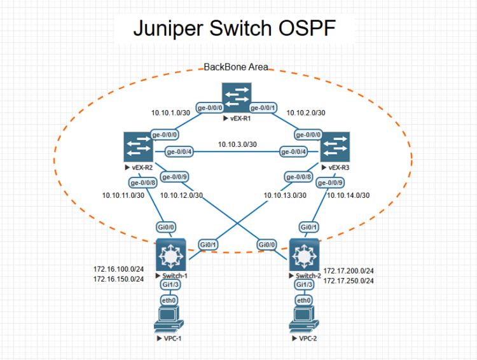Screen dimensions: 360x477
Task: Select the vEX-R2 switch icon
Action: (x=138, y=147)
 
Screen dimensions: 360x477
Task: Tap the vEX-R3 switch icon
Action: (x=335, y=147)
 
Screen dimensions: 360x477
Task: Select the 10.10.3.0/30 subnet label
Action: (x=237, y=144)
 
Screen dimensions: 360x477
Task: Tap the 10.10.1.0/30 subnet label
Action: (x=170, y=113)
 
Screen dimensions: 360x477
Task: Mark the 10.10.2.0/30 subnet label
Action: (x=306, y=113)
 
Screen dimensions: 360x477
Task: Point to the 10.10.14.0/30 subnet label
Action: (x=349, y=195)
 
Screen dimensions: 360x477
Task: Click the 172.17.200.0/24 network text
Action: (x=349, y=270)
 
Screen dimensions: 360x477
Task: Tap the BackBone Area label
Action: (x=235, y=67)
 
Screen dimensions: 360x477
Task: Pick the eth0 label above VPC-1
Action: (x=169, y=300)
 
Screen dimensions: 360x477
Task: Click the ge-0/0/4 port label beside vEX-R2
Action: (x=180, y=151)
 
